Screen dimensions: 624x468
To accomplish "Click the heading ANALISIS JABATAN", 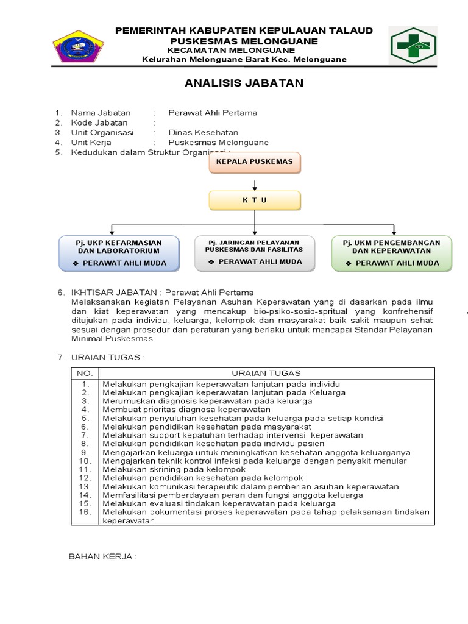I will (244, 83).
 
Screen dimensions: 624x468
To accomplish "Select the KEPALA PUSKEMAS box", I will (255, 162).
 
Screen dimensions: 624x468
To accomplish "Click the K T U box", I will (255, 200).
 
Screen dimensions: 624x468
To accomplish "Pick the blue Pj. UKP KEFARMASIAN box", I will (119, 253).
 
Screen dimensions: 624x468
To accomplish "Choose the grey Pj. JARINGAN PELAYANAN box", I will (254, 252).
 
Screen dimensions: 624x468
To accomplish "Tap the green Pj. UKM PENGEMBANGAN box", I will (391, 253).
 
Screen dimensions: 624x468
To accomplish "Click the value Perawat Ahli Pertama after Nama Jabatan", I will (213, 113).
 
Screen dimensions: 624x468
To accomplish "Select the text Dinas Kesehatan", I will (204, 132).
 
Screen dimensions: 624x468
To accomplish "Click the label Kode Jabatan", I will (99, 122).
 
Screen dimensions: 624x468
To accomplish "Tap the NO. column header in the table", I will (84, 373).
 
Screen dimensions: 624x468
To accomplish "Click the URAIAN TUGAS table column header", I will (266, 373).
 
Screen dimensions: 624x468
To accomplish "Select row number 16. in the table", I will (85, 512).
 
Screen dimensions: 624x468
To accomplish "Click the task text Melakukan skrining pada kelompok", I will (174, 470).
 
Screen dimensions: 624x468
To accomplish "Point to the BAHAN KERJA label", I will (102, 557).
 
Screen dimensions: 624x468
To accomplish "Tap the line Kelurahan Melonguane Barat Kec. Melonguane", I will (244, 59).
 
